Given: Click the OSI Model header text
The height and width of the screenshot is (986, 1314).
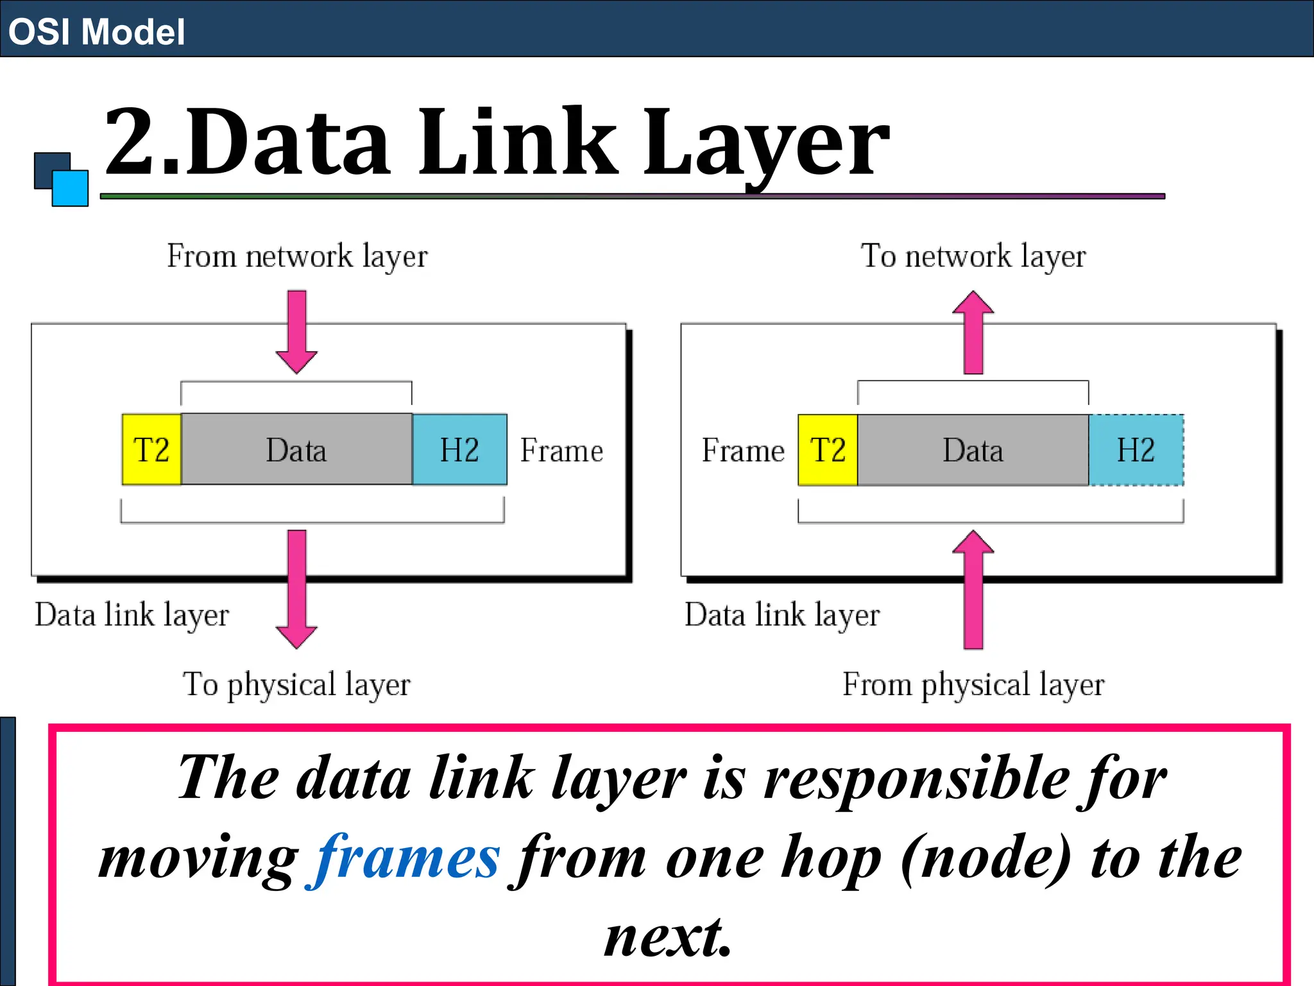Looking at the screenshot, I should (x=96, y=31).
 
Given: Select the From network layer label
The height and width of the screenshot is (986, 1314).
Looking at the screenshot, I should (x=297, y=256).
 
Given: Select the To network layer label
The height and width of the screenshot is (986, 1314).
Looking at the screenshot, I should (x=973, y=256).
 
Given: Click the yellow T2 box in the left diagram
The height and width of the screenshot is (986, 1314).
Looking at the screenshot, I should (x=151, y=449).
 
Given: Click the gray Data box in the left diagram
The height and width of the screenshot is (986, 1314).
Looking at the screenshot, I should (x=296, y=449).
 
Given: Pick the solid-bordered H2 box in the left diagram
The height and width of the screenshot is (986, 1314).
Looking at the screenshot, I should (x=459, y=449).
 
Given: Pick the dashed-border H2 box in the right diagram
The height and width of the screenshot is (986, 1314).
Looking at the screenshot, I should (x=1136, y=449).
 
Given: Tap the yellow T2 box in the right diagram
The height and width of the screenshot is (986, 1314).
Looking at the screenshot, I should (x=828, y=449).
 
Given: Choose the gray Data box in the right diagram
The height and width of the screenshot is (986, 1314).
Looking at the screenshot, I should (x=973, y=449).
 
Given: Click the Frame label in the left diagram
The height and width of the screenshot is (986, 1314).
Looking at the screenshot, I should (x=561, y=450).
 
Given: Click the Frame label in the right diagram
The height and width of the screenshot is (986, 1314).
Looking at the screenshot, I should (x=743, y=450).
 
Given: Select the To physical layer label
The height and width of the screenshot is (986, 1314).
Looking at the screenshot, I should (x=296, y=684).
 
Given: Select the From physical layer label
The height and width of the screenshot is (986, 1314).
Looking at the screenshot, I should (x=973, y=684).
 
